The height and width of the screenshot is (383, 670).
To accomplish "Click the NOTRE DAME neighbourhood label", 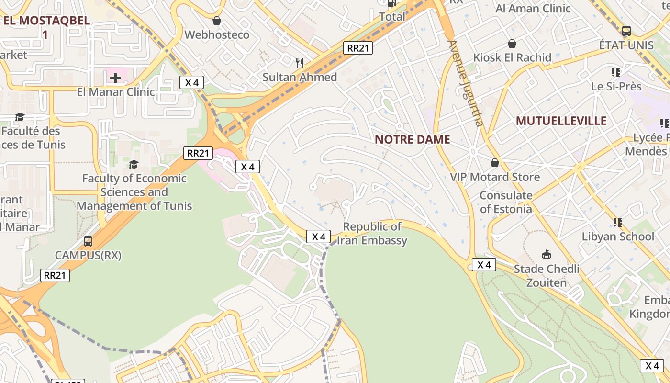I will pos(412,139).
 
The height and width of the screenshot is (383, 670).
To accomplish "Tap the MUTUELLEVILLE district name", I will pos(561,121).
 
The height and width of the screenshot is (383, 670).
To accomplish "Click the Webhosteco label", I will pos(217,35).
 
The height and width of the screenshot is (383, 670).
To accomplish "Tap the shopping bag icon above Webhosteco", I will pos(217,21).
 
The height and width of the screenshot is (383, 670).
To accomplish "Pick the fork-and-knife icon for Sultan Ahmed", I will pos(300,63).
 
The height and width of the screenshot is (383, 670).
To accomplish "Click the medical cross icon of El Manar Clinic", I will pos(115,78).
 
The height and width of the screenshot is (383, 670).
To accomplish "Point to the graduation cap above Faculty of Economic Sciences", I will pos(134,164).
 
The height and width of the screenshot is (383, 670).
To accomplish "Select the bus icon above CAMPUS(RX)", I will pos(88,241).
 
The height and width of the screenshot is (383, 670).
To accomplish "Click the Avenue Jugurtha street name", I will pos(465,83).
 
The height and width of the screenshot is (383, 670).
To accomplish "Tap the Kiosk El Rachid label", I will pos(512,58).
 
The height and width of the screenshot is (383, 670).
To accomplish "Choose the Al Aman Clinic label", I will pos(533,9).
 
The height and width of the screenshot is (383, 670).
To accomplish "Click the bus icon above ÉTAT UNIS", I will pos(626,31).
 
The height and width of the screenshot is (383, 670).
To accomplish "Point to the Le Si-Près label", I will pos(616,87).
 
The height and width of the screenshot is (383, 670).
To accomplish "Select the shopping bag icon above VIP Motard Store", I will pos(495,163).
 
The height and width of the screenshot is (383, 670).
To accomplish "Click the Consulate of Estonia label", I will pos(505,202).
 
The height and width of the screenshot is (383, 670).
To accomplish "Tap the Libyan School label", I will pos(617,237).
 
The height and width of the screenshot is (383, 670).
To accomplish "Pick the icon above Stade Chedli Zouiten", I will pos(546,254).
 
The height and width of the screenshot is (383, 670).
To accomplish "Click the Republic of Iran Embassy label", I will pos(372,233).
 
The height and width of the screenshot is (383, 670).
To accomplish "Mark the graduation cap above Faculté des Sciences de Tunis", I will pos(20,117).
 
